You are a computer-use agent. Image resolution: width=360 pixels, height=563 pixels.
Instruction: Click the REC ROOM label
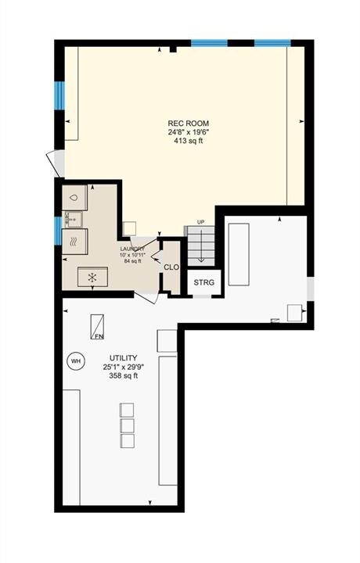pyautogui.click(x=189, y=124)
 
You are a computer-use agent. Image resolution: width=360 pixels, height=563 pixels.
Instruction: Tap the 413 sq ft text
pyautogui.click(x=189, y=141)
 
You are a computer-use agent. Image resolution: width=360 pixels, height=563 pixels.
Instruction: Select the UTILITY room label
pyautogui.click(x=123, y=358)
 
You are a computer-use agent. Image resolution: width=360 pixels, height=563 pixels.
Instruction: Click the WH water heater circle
pyautogui.click(x=76, y=360)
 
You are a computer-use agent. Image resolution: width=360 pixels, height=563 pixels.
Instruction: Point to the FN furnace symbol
pyautogui.click(x=97, y=327)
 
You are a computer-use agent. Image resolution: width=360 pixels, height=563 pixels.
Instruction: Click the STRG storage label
pyautogui.click(x=203, y=282)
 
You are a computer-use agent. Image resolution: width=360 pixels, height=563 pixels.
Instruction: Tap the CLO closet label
pyautogui.click(x=171, y=267)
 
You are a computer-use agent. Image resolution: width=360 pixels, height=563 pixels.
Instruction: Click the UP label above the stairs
pyautogui.click(x=201, y=222)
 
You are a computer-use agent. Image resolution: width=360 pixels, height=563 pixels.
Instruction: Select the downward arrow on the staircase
pyautogui.click(x=201, y=246)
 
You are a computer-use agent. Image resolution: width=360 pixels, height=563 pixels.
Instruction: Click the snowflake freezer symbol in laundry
pyautogui.click(x=92, y=277)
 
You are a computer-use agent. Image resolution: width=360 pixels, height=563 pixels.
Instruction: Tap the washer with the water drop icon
pyautogui.click(x=74, y=198)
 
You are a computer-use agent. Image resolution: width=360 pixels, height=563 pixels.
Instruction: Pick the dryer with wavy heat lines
pyautogui.click(x=74, y=242)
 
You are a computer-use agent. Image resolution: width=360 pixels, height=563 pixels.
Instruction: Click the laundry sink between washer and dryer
pyautogui.click(x=73, y=220)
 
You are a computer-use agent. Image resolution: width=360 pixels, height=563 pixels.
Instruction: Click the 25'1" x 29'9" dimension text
pyautogui.click(x=123, y=367)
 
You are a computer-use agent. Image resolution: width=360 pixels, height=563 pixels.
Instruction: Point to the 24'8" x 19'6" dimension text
pyautogui.click(x=189, y=132)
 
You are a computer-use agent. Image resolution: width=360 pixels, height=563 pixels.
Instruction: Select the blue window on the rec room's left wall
pyautogui.click(x=59, y=95)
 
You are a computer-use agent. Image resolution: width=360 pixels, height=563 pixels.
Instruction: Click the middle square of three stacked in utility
pyautogui.click(x=128, y=425)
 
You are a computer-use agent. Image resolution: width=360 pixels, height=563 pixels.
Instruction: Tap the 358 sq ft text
pyautogui.click(x=123, y=376)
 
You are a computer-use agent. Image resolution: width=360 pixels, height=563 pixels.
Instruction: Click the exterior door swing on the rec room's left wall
pyautogui.click(x=56, y=163)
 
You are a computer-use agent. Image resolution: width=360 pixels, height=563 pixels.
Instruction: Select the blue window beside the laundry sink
pyautogui.click(x=58, y=231)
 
